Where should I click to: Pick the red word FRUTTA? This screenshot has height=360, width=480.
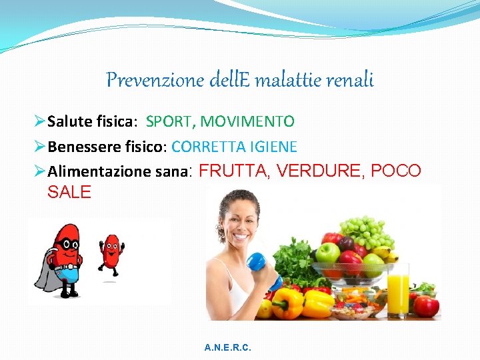[234, 171]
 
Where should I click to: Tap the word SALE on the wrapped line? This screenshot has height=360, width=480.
[69, 193]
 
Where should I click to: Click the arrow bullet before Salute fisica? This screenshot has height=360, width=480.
[39, 121]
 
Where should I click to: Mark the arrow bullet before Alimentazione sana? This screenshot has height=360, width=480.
[39, 171]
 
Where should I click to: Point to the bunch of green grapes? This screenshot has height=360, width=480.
[367, 231]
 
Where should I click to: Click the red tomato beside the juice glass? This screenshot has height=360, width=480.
[425, 305]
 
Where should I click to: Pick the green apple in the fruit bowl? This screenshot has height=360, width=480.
[327, 254]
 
